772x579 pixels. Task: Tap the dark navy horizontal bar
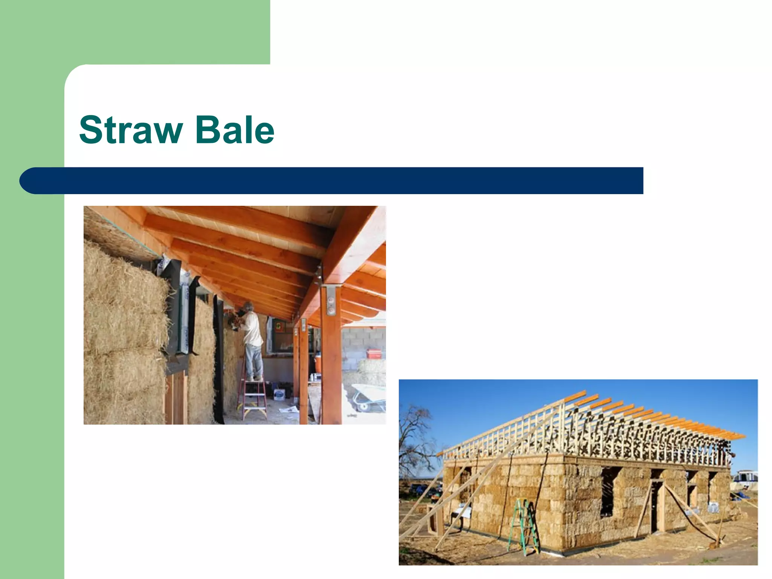tap(332, 181)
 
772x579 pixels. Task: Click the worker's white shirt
tap(253, 328)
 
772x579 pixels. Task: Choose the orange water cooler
tap(319, 363)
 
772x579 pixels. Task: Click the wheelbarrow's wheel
tap(363, 407)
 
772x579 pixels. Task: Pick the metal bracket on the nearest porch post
tap(331, 300)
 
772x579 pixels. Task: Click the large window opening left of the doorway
tap(608, 492)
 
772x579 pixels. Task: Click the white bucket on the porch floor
tap(279, 394)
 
